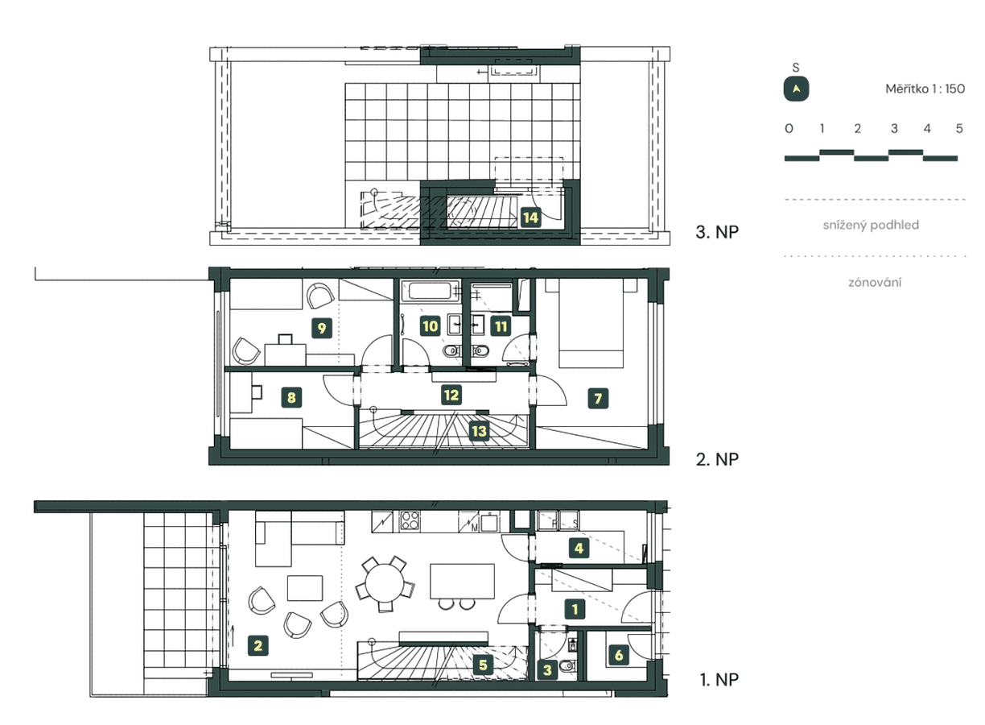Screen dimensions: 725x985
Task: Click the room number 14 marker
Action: point(530,217)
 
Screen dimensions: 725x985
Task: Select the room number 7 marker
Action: point(597,397)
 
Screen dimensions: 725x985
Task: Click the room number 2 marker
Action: point(258,644)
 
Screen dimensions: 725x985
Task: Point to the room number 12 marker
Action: point(451,395)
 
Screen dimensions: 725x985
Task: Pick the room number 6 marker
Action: point(619,655)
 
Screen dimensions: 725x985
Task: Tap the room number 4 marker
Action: point(577,549)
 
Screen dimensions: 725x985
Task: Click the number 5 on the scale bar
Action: point(958,129)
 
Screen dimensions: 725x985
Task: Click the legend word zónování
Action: point(875,282)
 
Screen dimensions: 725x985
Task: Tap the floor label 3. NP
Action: point(716,233)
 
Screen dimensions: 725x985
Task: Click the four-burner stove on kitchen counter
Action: point(408,520)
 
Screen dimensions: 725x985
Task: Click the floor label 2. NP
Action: point(716,459)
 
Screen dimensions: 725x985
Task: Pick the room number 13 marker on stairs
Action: point(479,430)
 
